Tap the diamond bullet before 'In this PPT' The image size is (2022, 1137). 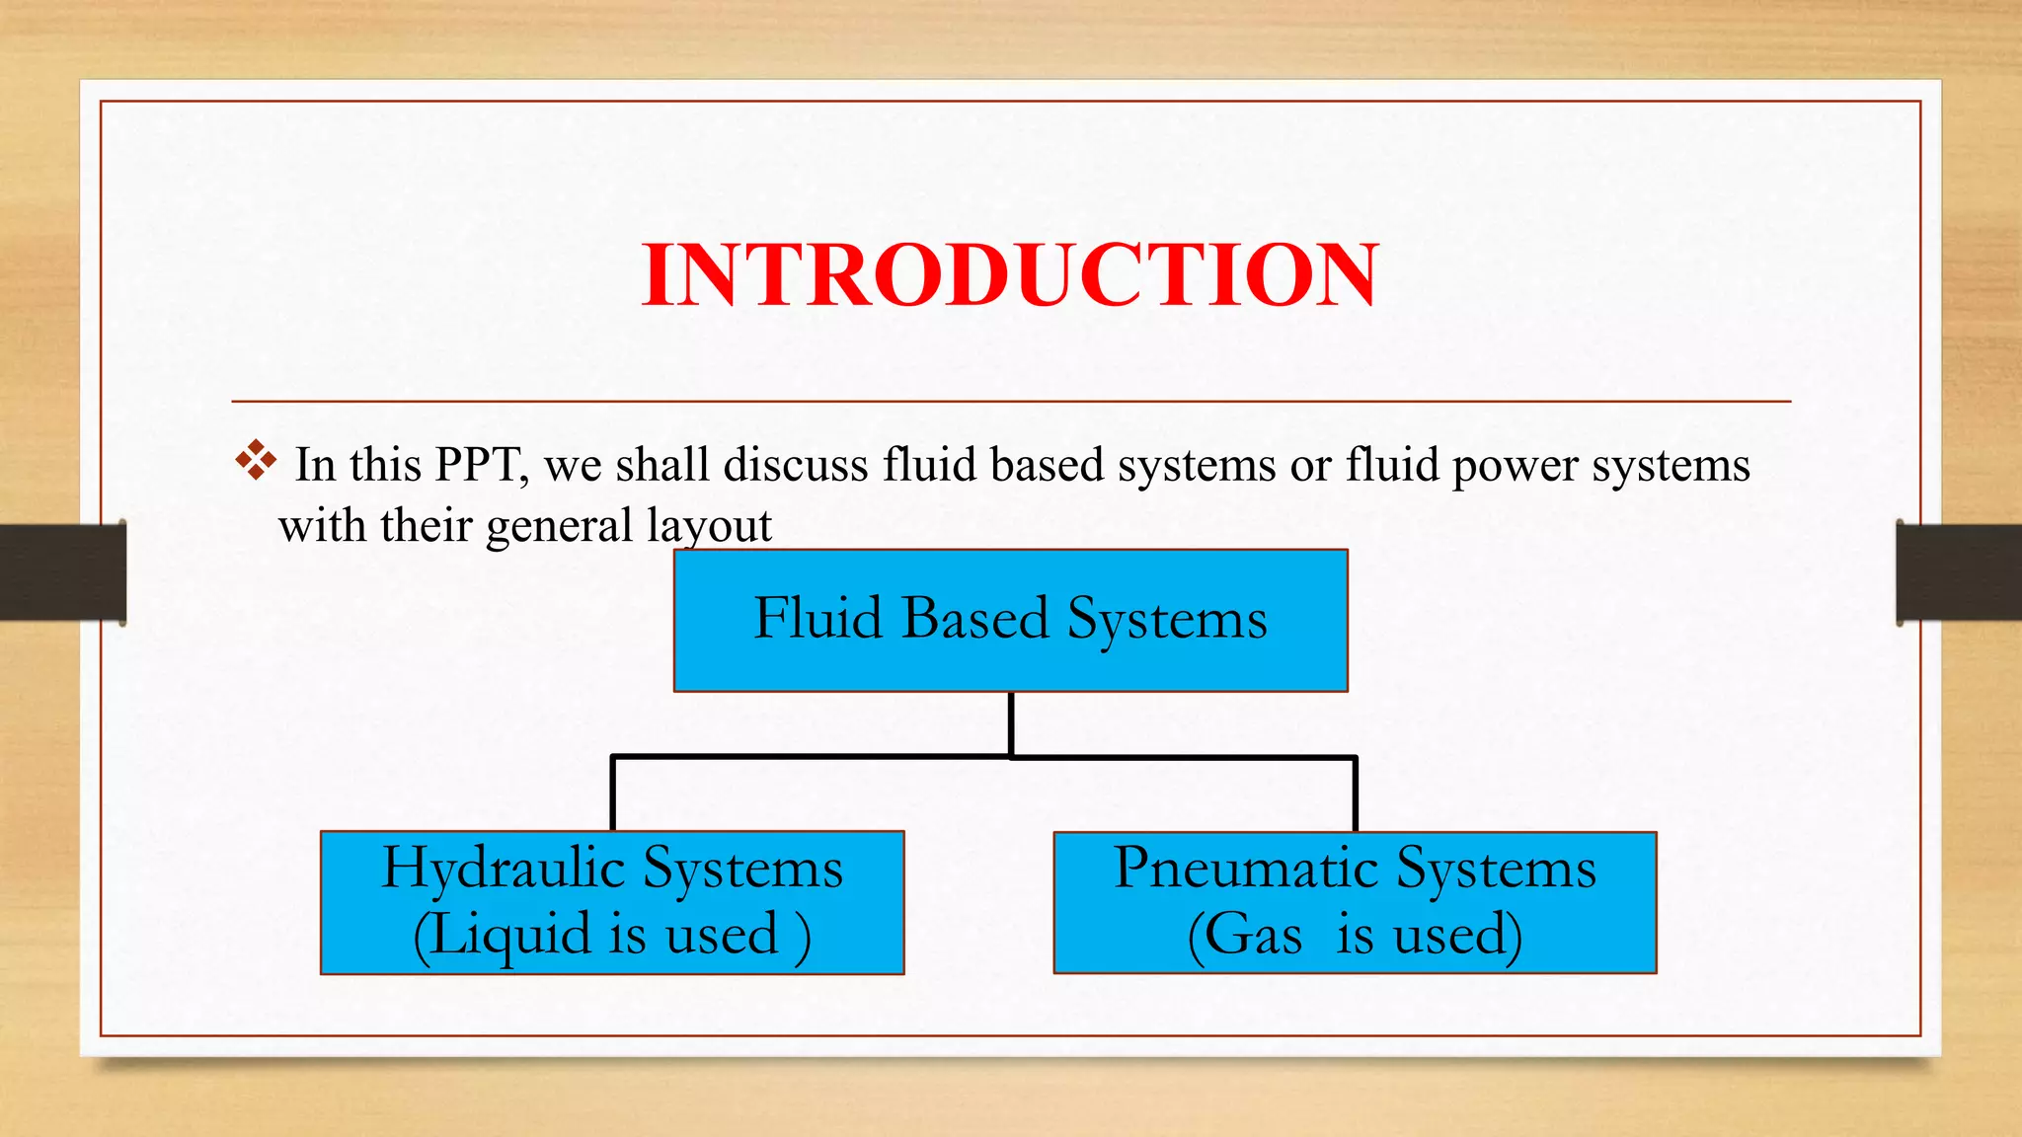(256, 461)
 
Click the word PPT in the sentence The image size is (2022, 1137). (480, 465)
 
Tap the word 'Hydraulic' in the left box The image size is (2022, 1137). (505, 870)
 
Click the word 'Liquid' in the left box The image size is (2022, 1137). (509, 935)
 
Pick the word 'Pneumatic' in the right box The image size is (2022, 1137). (1246, 869)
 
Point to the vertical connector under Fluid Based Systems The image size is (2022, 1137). (1011, 723)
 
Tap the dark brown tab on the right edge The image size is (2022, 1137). (1960, 572)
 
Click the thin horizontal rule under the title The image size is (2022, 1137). (1010, 402)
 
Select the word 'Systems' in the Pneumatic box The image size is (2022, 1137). (1497, 869)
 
